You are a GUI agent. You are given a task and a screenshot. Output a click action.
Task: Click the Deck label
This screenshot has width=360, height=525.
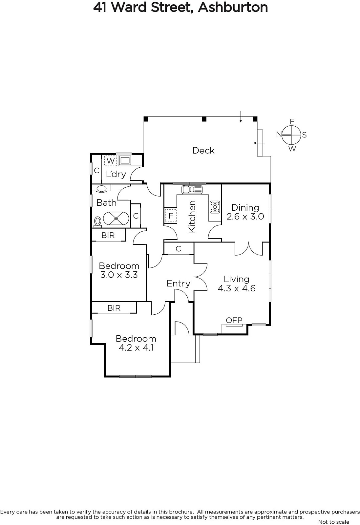coord(203,151)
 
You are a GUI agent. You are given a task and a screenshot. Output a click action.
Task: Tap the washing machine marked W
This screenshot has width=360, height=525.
coord(111,160)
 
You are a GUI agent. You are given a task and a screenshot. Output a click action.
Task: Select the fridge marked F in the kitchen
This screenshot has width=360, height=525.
coord(171,215)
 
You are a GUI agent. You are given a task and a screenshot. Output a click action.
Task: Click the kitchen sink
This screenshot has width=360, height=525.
coord(192,189)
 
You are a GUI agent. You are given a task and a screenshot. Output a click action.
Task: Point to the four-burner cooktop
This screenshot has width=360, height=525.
coord(215,207)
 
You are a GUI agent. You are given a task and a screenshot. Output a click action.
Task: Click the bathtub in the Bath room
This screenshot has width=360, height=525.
coord(116,219)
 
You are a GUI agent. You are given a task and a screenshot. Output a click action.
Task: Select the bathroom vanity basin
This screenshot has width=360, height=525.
coord(101,189)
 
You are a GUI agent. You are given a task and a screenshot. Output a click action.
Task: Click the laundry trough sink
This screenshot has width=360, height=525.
coord(124,160)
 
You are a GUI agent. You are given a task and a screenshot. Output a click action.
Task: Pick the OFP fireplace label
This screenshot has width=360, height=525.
coord(234,320)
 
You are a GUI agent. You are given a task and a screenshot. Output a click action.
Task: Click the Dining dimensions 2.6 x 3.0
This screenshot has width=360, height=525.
coord(245,216)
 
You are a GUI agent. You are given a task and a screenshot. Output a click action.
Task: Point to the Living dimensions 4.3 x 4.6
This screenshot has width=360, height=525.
coord(237,288)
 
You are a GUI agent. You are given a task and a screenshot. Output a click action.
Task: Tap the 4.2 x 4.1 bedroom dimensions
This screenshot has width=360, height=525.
coord(136,347)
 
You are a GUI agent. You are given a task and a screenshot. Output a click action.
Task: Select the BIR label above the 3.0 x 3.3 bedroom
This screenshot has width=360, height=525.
coord(108,235)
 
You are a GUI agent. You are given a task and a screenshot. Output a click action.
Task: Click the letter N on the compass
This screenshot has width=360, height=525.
coord(279,134)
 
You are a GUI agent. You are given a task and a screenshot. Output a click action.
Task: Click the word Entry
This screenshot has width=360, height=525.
coord(179,283)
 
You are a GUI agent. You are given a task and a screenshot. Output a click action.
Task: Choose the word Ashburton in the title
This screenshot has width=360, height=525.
coord(233,7)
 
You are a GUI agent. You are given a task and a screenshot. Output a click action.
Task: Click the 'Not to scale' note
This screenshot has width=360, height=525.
coord(333,522)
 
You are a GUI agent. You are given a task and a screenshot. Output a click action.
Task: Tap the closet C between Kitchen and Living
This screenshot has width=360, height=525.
coord(179,249)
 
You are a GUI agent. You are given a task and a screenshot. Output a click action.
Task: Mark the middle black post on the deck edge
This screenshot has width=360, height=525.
coord(204,119)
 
